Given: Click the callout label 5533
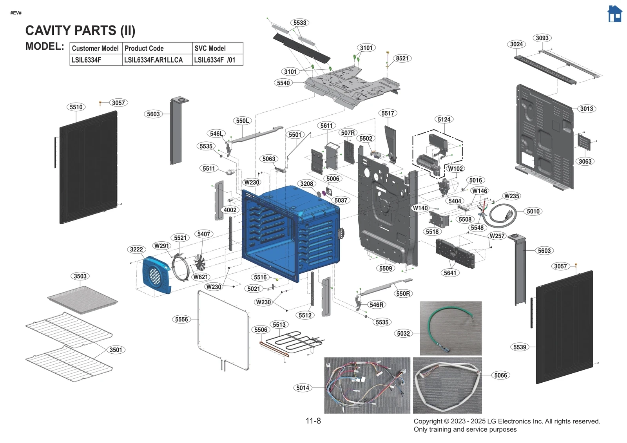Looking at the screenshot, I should (300, 23).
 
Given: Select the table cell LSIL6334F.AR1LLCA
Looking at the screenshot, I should (154, 60).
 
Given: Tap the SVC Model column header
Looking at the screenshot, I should (210, 48).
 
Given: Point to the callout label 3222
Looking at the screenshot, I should (136, 250).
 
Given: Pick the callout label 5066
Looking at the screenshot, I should (500, 375).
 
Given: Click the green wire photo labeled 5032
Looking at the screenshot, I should (450, 328).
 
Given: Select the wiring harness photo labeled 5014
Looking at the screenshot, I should (367, 385).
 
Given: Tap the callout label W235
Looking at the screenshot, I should (511, 196).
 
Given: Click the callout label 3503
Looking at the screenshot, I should (80, 276).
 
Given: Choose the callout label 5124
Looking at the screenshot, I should (444, 119).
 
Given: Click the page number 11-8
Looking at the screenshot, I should (313, 421).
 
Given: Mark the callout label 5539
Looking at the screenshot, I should (520, 347).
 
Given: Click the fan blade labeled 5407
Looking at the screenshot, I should (200, 262).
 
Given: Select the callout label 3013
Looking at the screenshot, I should (586, 109).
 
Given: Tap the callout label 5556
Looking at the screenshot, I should (181, 319).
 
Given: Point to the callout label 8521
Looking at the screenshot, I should (402, 58).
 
